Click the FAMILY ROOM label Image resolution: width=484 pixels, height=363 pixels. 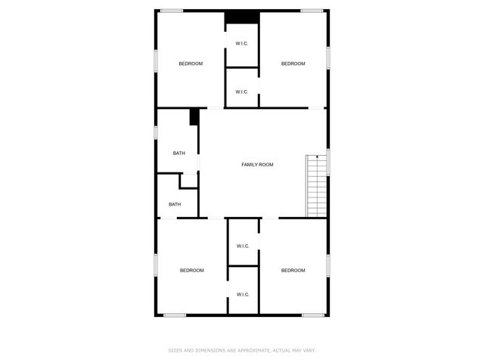pyautogui.click(x=257, y=165)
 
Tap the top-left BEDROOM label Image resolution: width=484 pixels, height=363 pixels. pyautogui.click(x=191, y=64)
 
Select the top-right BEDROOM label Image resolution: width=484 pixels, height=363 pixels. pyautogui.click(x=293, y=64)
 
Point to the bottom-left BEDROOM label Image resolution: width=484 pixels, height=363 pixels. pyautogui.click(x=191, y=271)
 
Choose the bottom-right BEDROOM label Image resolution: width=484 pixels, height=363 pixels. pyautogui.click(x=293, y=271)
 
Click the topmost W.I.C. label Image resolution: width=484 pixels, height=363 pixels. pyautogui.click(x=242, y=43)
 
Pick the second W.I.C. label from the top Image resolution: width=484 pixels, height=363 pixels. pyautogui.click(x=242, y=92)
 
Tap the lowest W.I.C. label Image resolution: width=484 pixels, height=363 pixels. pyautogui.click(x=243, y=294)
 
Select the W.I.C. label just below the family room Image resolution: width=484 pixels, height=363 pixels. pyautogui.click(x=243, y=247)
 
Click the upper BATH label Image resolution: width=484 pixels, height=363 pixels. pyautogui.click(x=178, y=154)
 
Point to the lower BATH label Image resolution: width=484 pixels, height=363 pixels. pyautogui.click(x=175, y=204)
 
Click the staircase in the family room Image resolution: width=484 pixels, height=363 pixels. pyautogui.click(x=316, y=186)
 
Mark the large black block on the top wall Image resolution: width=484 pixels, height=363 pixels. pyautogui.click(x=243, y=17)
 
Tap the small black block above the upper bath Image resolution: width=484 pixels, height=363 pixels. pyautogui.click(x=194, y=116)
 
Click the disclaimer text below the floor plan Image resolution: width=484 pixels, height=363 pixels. pyautogui.click(x=242, y=350)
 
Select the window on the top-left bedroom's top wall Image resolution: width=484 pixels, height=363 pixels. pyautogui.click(x=172, y=11)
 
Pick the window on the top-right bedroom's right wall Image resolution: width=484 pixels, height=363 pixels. pyautogui.click(x=328, y=57)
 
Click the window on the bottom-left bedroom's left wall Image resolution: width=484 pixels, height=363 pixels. pyautogui.click(x=156, y=265)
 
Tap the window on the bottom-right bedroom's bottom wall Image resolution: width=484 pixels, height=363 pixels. pyautogui.click(x=313, y=315)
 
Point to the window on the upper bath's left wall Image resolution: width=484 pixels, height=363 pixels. pyautogui.click(x=156, y=132)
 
